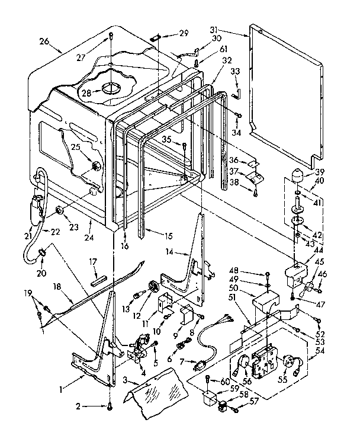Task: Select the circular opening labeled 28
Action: point(111,89)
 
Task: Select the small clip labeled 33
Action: point(236,92)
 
